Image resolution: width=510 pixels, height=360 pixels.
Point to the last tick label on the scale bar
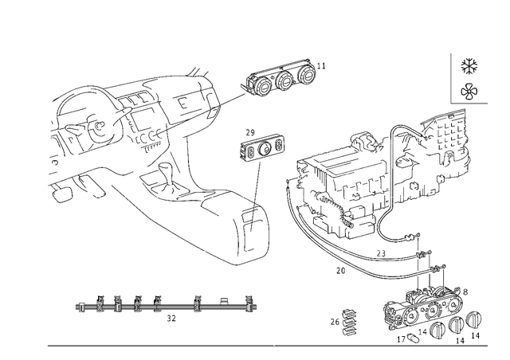(250, 299)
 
